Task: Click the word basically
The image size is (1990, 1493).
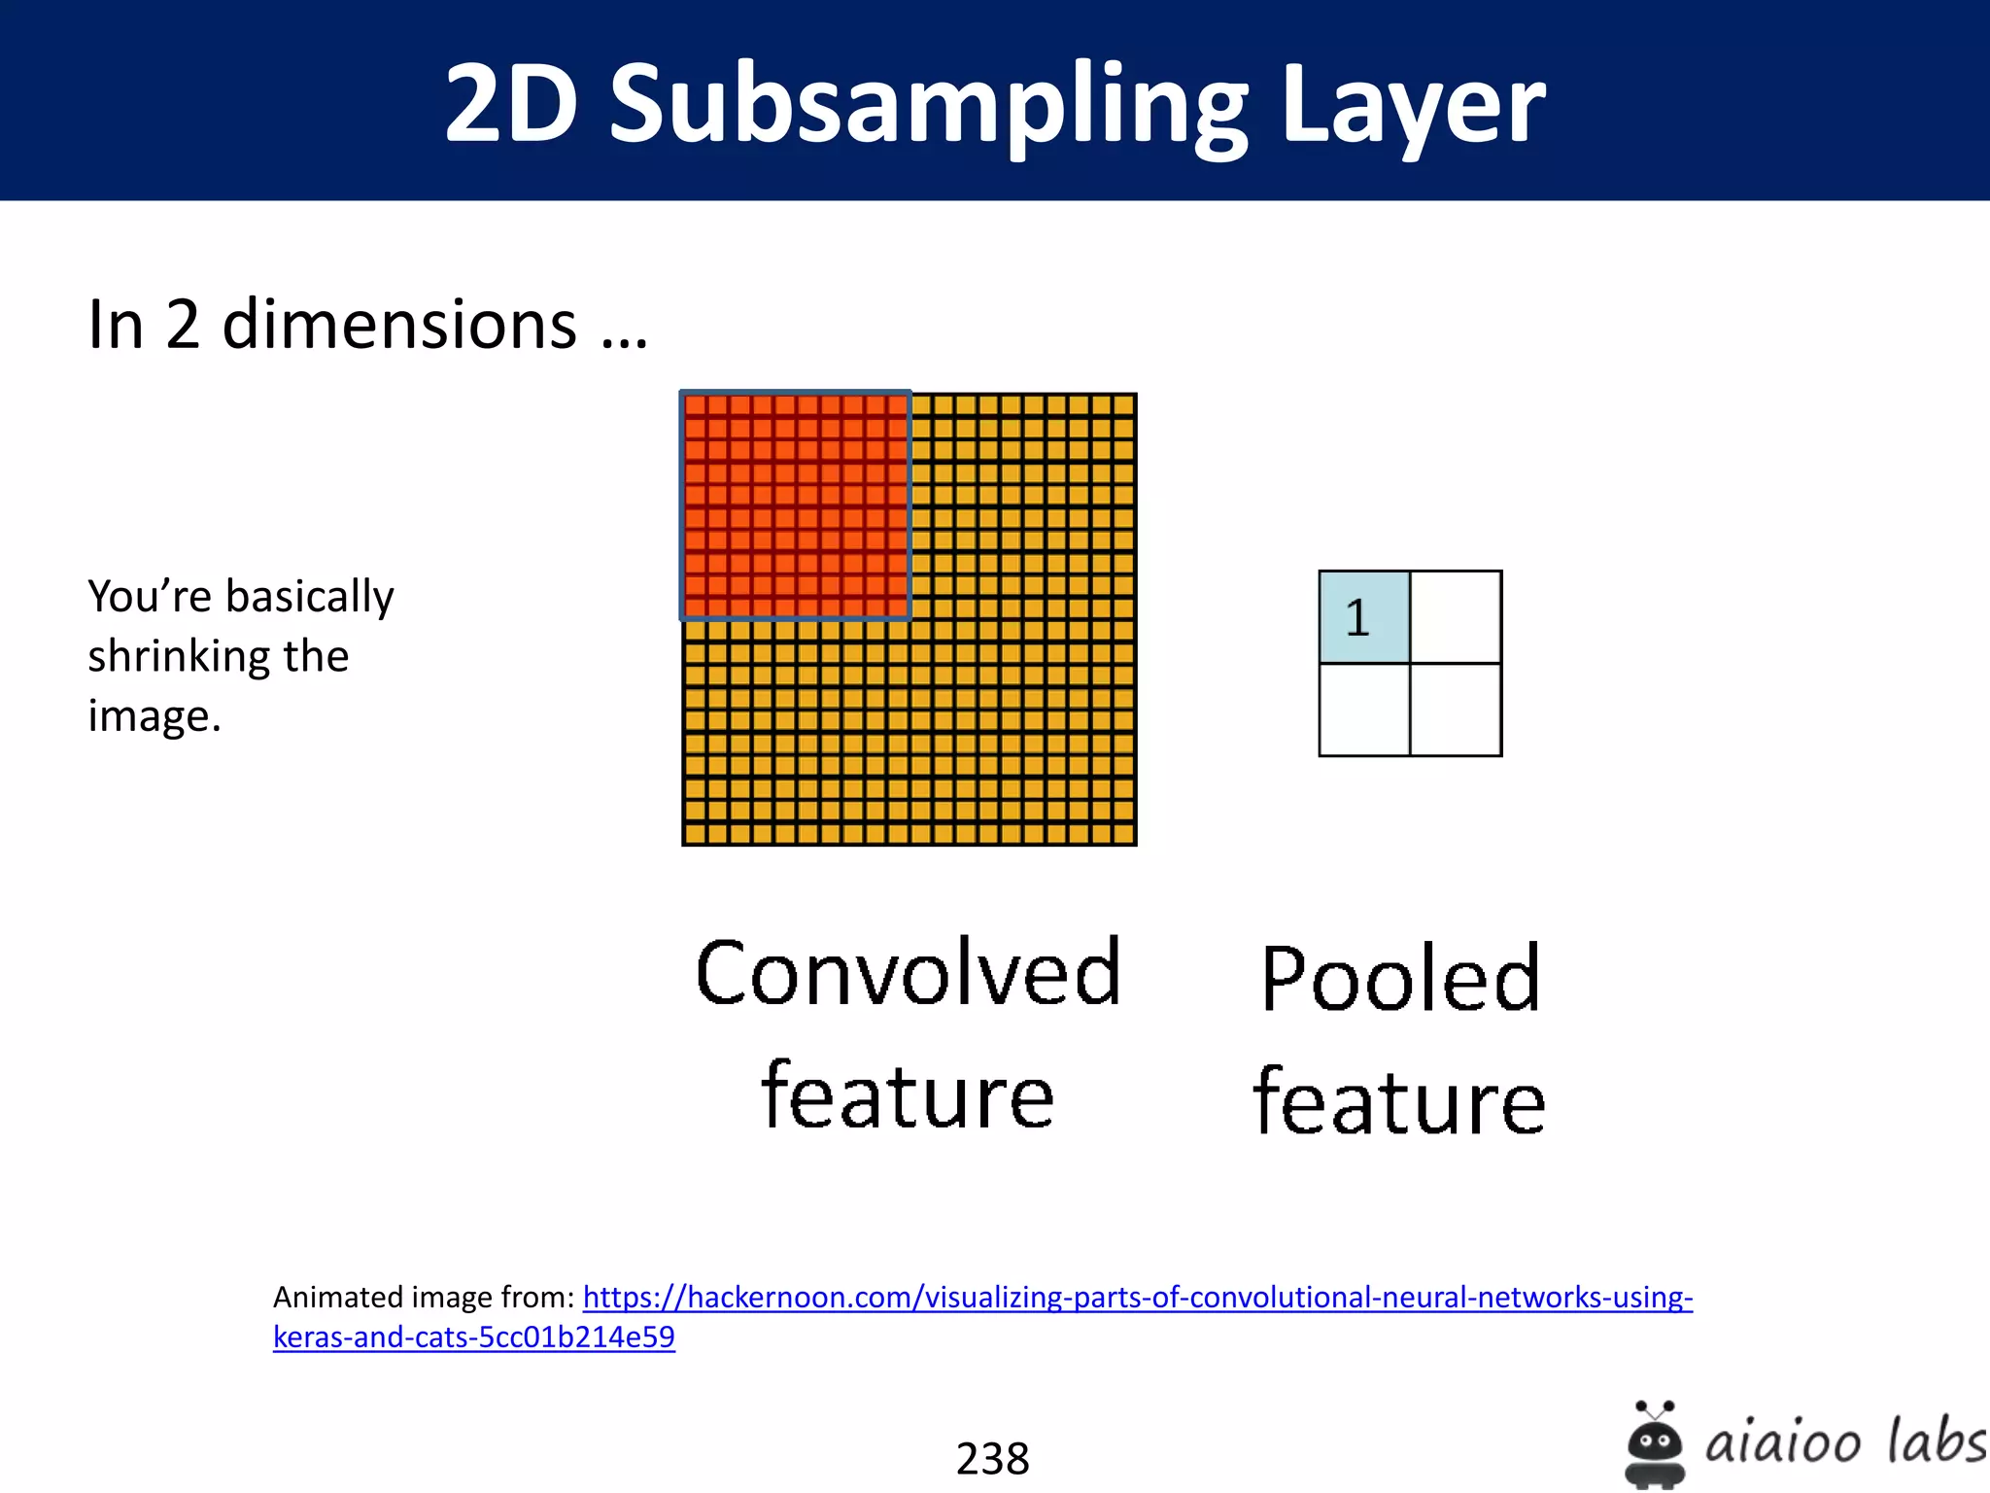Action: click(x=310, y=596)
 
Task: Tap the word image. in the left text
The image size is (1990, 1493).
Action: click(x=154, y=716)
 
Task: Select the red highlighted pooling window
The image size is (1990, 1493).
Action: click(x=795, y=505)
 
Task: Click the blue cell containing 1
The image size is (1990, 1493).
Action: click(x=1363, y=617)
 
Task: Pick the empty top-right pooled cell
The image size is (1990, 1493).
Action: click(x=1456, y=617)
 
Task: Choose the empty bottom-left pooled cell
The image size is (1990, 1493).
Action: click(x=1363, y=710)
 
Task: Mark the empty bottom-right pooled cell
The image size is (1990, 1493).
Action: click(x=1456, y=710)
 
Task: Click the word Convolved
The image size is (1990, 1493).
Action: click(x=909, y=972)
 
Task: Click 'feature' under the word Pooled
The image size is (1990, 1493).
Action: click(x=1399, y=1100)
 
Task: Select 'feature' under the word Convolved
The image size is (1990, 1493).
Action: click(x=908, y=1095)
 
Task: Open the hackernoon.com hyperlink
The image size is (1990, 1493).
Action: click(x=1137, y=1298)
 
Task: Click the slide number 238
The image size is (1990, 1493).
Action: click(x=992, y=1458)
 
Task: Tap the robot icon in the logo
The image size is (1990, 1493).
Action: click(x=1654, y=1445)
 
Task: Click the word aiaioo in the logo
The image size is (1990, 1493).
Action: click(x=1782, y=1441)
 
